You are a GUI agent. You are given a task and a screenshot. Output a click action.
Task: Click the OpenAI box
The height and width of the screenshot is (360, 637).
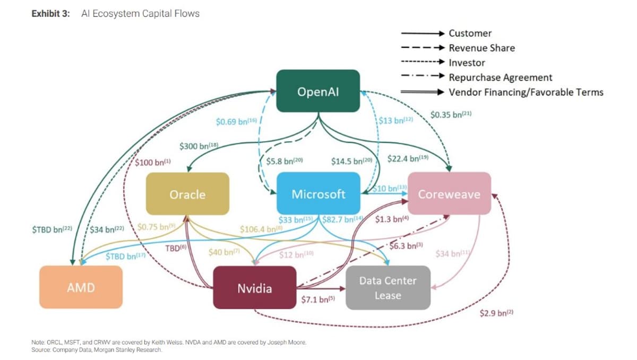point(318,91)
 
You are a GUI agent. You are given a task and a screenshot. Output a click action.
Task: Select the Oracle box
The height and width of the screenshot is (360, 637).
point(187,194)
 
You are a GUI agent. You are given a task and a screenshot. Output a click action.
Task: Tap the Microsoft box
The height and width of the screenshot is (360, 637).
point(318,194)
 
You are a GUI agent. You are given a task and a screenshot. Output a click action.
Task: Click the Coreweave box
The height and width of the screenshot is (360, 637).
point(449,194)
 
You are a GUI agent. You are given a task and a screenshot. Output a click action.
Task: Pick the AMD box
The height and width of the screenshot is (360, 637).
point(81,287)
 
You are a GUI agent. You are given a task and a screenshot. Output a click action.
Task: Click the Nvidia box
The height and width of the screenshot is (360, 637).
point(254,288)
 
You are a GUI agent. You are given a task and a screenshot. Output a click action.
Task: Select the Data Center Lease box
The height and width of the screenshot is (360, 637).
point(388,287)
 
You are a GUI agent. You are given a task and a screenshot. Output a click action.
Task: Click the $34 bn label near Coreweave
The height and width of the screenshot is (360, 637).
point(453,254)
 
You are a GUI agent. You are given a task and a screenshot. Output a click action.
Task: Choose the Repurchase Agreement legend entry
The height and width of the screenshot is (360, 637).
point(500,78)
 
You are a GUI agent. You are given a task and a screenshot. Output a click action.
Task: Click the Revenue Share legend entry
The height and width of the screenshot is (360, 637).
point(481,48)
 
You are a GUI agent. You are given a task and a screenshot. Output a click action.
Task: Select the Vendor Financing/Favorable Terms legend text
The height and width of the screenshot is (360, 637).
point(526,92)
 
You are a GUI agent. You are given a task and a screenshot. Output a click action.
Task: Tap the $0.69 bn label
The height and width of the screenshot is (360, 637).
point(236,122)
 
